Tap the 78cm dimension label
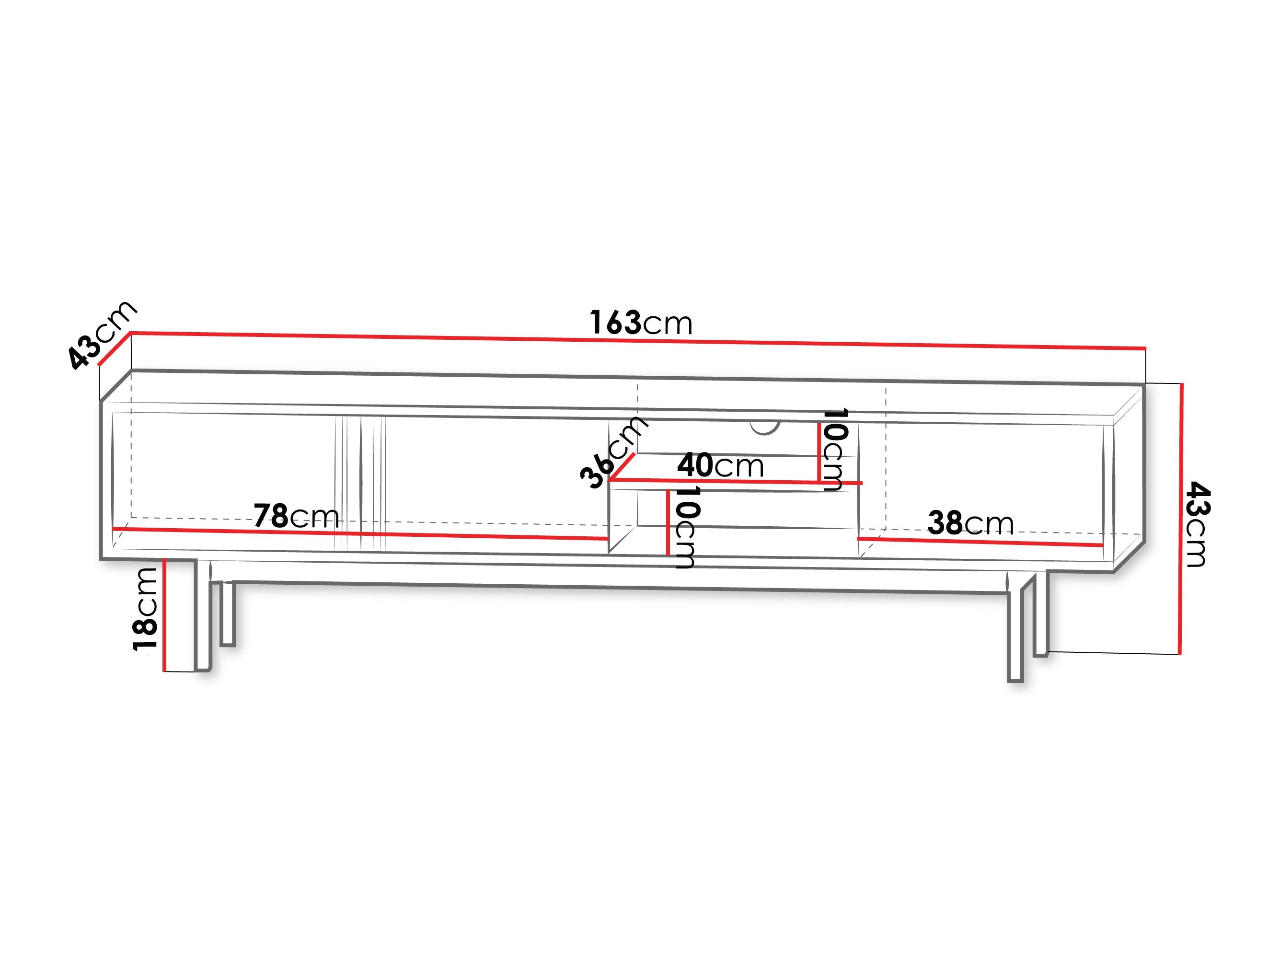tap(296, 516)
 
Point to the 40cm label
tap(720, 465)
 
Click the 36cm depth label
tap(613, 452)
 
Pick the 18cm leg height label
tap(145, 609)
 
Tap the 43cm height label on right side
tap(1197, 524)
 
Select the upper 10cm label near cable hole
tap(835, 450)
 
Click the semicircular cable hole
tap(764, 428)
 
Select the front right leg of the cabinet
tap(1015, 634)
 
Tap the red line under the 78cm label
tap(359, 533)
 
